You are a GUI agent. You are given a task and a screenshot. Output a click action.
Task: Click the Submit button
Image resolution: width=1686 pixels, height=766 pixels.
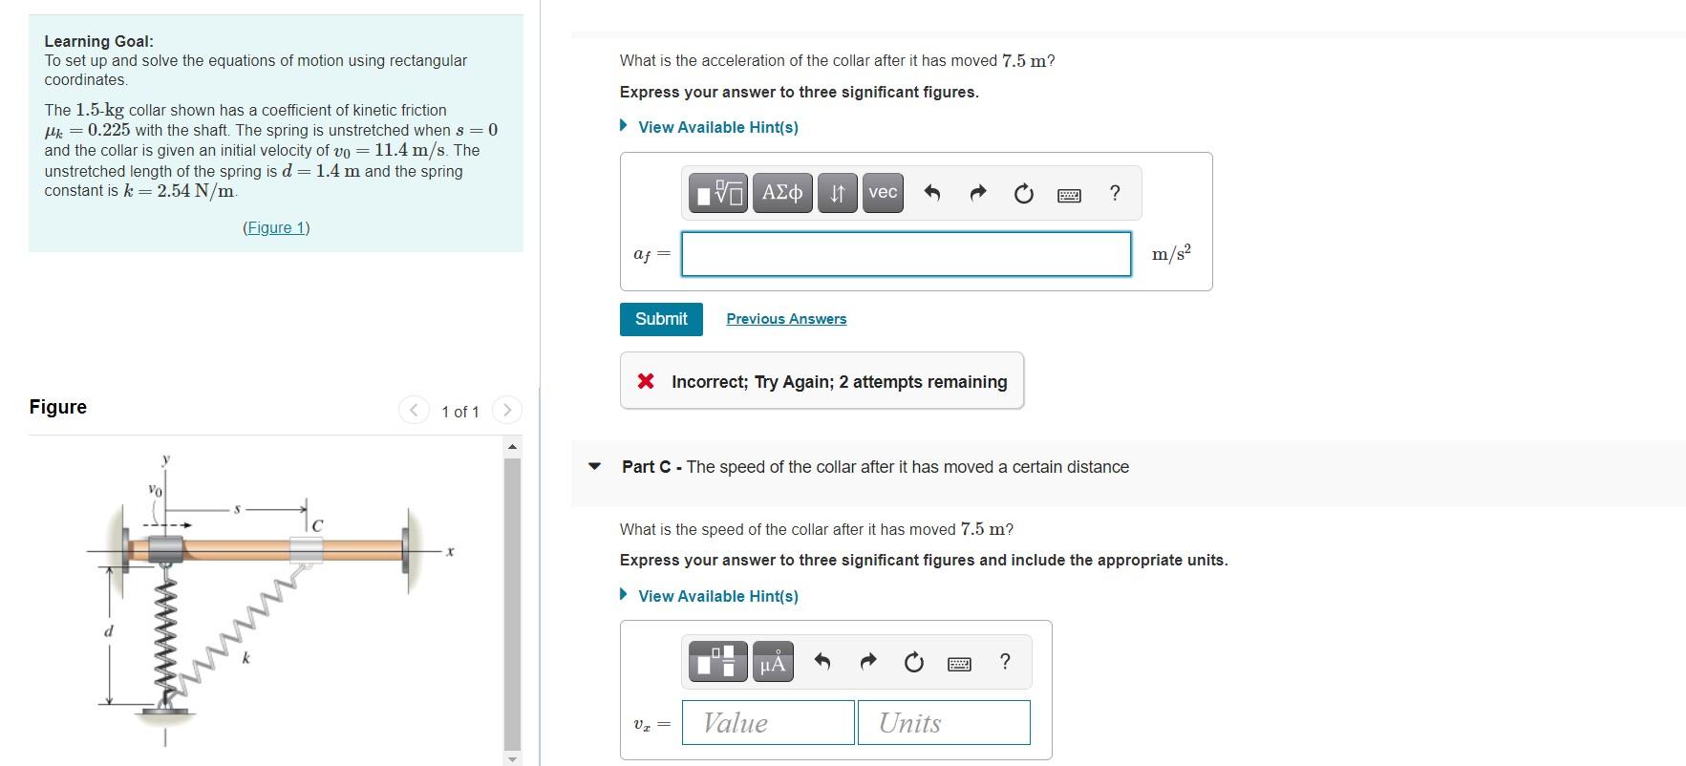(x=661, y=319)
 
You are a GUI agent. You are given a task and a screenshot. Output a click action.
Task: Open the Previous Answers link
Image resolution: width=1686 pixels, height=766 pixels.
(x=786, y=319)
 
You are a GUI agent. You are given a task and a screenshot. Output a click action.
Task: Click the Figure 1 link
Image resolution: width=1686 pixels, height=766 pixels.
(x=276, y=227)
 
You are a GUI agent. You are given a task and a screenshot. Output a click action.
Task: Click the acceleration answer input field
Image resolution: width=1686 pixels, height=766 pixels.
(x=906, y=254)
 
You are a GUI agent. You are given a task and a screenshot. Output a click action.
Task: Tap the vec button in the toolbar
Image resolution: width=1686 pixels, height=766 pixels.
(x=883, y=193)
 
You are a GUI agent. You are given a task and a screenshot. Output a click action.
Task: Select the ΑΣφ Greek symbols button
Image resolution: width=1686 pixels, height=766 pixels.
(x=782, y=193)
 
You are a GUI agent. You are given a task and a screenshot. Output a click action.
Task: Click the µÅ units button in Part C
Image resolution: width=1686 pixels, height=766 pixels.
(x=772, y=662)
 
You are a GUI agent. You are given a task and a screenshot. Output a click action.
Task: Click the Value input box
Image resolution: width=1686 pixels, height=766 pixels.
(x=768, y=723)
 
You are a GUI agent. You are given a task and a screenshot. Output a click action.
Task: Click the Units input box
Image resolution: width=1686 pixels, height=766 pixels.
(x=944, y=723)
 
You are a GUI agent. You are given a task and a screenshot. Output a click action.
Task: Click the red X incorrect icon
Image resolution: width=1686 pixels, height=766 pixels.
(x=646, y=381)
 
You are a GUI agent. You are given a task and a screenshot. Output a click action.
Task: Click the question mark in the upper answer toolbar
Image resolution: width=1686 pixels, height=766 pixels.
(x=1114, y=193)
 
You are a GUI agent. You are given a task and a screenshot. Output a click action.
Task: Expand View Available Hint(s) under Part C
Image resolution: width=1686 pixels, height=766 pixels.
(x=717, y=596)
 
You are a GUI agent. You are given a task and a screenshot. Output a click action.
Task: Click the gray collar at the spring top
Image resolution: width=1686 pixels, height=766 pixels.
(x=165, y=549)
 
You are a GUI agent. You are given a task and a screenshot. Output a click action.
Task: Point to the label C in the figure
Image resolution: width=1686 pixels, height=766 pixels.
(x=317, y=526)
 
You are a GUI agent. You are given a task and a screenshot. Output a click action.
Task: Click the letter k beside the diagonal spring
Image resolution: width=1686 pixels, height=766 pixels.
(x=245, y=658)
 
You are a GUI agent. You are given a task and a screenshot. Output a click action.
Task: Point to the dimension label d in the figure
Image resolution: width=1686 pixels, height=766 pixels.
(x=108, y=631)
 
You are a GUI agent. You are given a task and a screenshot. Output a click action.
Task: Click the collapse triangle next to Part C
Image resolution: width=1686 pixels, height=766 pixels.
(x=595, y=467)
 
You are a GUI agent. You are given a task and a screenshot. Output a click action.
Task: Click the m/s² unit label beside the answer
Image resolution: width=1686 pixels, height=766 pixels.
(x=1171, y=254)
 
